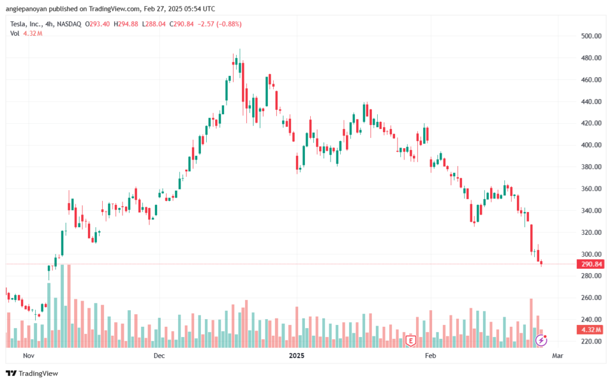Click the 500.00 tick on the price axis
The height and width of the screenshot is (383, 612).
pyautogui.click(x=591, y=36)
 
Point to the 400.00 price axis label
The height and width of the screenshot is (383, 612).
pyautogui.click(x=591, y=145)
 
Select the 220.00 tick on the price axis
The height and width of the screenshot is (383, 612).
pyautogui.click(x=591, y=341)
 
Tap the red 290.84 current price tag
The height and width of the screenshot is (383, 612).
pyautogui.click(x=589, y=264)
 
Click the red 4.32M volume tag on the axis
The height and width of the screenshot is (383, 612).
pyautogui.click(x=589, y=330)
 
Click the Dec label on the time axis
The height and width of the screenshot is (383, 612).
pyautogui.click(x=159, y=356)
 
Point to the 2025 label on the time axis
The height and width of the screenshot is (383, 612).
pyautogui.click(x=296, y=356)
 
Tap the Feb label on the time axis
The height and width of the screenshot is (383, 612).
pyautogui.click(x=429, y=356)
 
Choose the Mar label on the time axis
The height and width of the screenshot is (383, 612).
pyautogui.click(x=558, y=356)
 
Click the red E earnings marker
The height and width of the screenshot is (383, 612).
pyautogui.click(x=411, y=341)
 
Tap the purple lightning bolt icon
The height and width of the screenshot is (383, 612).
pyautogui.click(x=541, y=340)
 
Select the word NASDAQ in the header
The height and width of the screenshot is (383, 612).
pyautogui.click(x=69, y=24)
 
